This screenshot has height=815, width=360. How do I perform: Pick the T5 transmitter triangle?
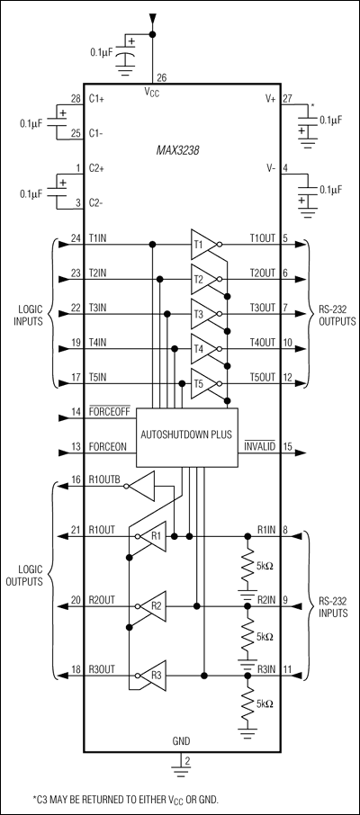tap(199, 382)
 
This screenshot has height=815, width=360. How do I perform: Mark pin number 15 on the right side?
tap(288, 447)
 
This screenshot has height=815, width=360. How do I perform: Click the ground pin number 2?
tap(187, 760)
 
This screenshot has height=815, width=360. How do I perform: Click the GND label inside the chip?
tap(182, 743)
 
